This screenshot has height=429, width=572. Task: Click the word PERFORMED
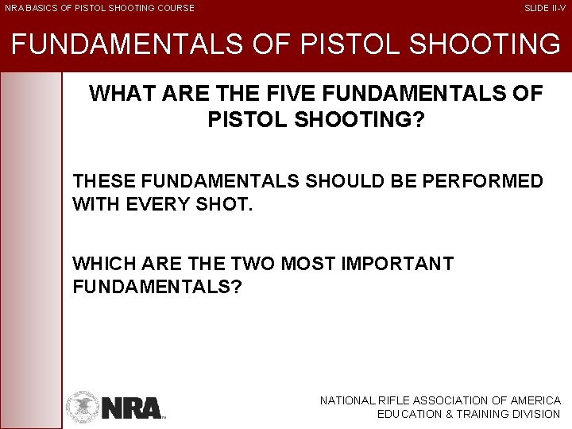[x=484, y=181]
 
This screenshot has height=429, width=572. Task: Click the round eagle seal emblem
[x=83, y=406]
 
